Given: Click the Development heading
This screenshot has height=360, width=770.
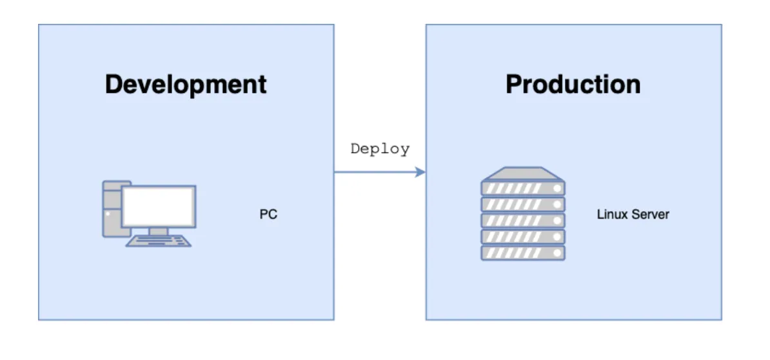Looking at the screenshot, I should (186, 85).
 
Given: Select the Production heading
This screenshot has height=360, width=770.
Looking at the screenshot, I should (573, 85).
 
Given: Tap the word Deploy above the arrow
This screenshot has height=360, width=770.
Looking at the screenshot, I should (380, 148).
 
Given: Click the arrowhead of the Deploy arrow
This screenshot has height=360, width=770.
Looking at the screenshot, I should (421, 172).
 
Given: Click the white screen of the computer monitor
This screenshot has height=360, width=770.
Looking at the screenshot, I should (159, 205).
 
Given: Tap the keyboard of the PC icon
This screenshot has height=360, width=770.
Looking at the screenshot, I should (159, 241).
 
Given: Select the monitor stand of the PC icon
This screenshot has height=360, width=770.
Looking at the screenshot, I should (159, 231).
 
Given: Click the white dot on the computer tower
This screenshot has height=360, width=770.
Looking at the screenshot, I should (108, 213).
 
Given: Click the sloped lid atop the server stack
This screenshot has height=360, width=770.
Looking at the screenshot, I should (523, 173).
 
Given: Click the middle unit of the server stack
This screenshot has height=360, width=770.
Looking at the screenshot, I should (523, 221).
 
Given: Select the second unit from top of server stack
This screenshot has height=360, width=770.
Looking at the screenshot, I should (523, 205).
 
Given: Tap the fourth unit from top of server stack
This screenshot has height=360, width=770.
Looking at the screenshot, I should (523, 237).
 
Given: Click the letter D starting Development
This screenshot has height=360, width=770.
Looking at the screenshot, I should (114, 85).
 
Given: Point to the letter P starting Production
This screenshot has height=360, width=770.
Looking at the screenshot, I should (514, 85).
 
